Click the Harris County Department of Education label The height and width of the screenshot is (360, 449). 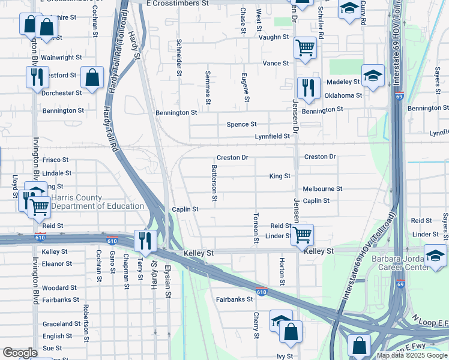point(97,202)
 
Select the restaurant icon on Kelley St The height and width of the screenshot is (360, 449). point(145,241)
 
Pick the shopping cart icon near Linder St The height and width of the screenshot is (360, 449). point(302,235)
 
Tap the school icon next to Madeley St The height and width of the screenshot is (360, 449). point(373,76)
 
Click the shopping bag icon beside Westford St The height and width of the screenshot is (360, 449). point(91,77)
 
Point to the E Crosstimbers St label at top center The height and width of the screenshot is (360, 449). point(177,3)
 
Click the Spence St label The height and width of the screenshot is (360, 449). point(241,124)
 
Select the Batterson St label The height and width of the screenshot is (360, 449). point(214,183)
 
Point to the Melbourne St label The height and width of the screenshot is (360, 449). point(322,188)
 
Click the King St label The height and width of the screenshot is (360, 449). point(280,176)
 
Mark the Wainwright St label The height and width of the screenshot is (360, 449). point(61,58)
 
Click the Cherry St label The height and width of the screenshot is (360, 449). point(256,325)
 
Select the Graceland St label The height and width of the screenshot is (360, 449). point(61,324)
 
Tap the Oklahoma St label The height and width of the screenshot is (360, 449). point(343,95)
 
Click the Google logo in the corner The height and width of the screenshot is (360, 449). point(20,353)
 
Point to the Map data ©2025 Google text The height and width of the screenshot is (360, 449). point(412,355)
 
